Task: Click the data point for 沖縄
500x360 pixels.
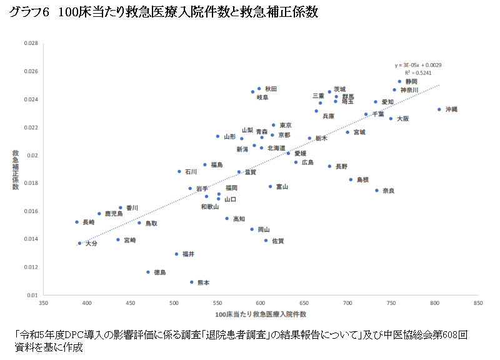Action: pos(439,109)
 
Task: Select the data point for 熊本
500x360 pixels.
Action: pos(192,282)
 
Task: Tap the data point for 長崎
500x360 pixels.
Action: pos(77,222)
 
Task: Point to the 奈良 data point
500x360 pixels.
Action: pos(377,190)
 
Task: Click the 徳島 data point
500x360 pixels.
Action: pos(148,272)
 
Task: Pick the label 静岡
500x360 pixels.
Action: pos(411,82)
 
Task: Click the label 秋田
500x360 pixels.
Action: pos(271,89)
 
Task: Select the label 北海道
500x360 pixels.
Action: pos(276,148)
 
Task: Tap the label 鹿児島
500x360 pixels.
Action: pos(114,214)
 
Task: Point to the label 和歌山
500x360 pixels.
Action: pos(210,207)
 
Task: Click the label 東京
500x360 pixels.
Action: pos(286,125)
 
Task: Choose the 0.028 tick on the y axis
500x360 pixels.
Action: pos(31,44)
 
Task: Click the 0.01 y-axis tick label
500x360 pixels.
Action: pos(32,294)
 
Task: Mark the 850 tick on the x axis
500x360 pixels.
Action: pos(478,303)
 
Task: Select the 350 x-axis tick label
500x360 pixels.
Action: pos(43,303)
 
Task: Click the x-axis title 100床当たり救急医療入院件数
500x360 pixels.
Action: pos(261,313)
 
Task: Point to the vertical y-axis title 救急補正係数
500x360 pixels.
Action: pos(16,169)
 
